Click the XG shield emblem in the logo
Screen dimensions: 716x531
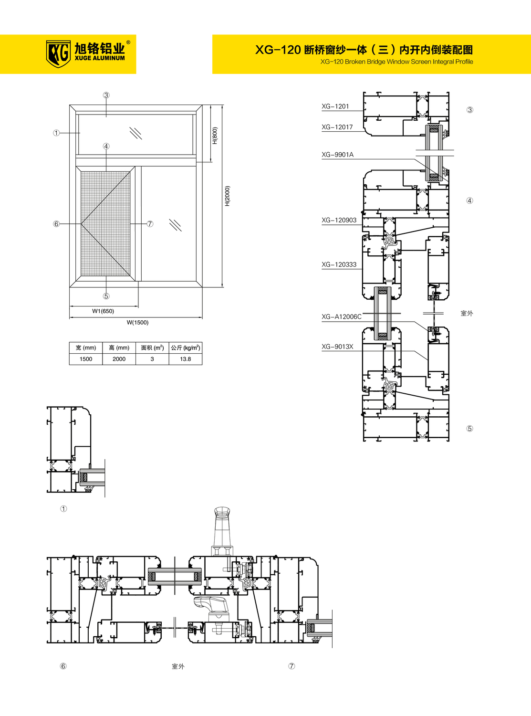[x=58, y=53]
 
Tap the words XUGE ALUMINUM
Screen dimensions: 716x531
[x=100, y=58]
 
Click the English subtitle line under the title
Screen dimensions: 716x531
[x=396, y=62]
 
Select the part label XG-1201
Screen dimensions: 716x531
[x=335, y=106]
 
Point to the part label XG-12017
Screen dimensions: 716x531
[x=337, y=127]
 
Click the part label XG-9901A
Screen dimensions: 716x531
[x=338, y=155]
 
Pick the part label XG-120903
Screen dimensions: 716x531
[x=339, y=220]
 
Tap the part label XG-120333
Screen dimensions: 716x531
[x=339, y=264]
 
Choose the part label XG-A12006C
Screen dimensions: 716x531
[x=342, y=316]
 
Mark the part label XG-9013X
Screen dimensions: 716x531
[x=338, y=347]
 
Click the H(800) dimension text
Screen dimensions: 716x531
[x=215, y=136]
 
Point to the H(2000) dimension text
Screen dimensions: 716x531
[x=228, y=196]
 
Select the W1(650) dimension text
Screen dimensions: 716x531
[x=103, y=311]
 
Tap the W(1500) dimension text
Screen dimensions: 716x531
[x=137, y=323]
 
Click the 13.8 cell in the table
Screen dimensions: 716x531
[x=186, y=359]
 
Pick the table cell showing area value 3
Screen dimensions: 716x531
[x=152, y=359]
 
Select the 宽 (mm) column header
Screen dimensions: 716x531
[x=86, y=348]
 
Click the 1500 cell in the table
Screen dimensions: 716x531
[x=86, y=359]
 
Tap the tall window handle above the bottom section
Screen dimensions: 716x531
[x=222, y=530]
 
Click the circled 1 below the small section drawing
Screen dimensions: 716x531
[x=63, y=509]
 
